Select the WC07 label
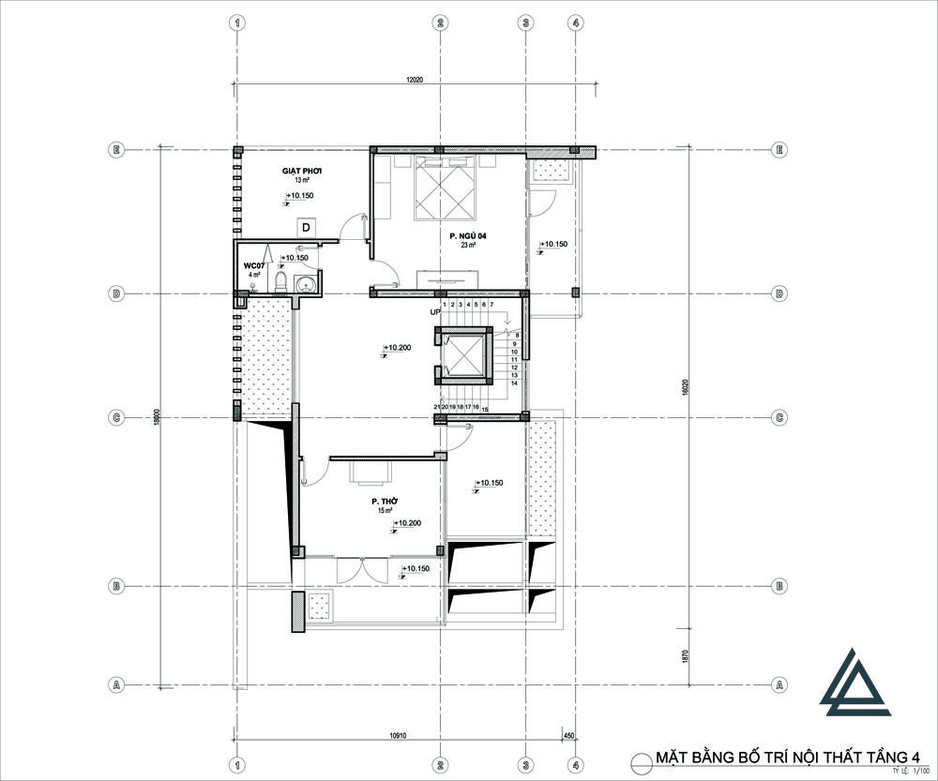[x=253, y=265]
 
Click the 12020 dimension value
[x=416, y=81]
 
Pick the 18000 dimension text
[x=158, y=415]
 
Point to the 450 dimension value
[x=568, y=736]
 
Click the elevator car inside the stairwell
[x=461, y=357]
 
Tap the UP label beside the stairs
[x=435, y=311]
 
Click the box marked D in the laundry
[x=306, y=228]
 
